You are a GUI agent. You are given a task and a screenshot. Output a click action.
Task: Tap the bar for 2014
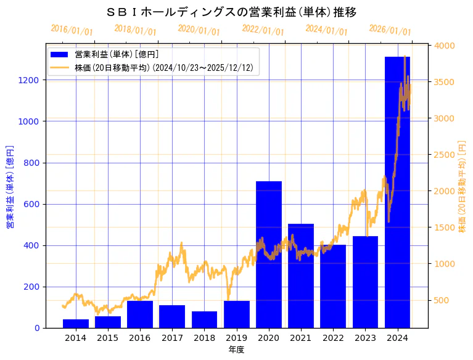[76, 324]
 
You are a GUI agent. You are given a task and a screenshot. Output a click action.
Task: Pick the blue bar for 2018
[204, 319]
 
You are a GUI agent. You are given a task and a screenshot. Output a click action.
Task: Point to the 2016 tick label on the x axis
[140, 338]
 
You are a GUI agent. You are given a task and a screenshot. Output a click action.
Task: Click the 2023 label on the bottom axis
[365, 338]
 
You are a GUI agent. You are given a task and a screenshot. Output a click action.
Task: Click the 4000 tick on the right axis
[445, 46]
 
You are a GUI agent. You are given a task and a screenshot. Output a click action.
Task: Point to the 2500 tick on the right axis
[445, 155]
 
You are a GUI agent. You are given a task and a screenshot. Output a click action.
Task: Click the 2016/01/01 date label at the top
[72, 30]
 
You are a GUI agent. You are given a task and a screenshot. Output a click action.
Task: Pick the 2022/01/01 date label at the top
[263, 30]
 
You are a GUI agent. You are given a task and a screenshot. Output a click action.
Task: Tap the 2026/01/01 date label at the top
[390, 30]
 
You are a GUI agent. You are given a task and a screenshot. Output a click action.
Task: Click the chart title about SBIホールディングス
[232, 12]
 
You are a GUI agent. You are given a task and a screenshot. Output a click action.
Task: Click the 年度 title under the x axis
[236, 350]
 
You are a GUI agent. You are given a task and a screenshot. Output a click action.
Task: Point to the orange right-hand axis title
[462, 186]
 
